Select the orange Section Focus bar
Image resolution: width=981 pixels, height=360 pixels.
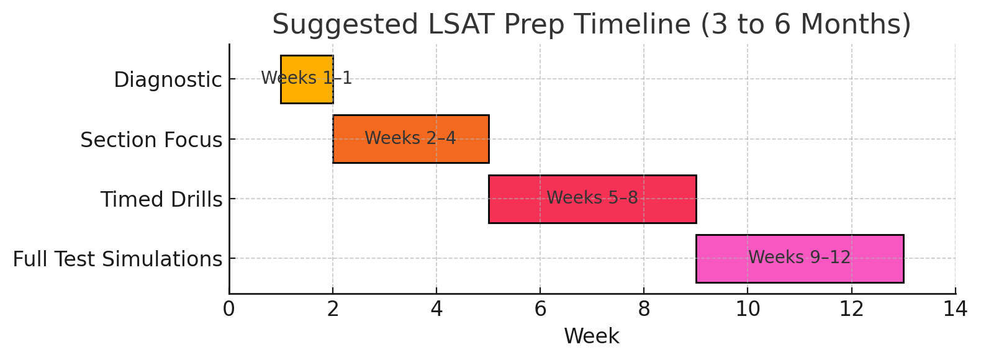pyautogui.click(x=410, y=153)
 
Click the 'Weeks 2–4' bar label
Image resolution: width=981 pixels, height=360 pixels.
pyautogui.click(x=410, y=138)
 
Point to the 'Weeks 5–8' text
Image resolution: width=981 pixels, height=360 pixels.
pyautogui.click(x=592, y=198)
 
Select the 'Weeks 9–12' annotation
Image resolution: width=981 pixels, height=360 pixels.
pyautogui.click(x=799, y=257)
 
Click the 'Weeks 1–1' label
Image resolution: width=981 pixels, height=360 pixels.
pyautogui.click(x=307, y=78)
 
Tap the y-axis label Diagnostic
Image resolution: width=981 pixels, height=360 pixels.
pyautogui.click(x=168, y=80)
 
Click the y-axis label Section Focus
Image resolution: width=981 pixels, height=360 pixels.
pyautogui.click(x=151, y=140)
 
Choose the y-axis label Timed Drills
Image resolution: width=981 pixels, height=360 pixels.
pyautogui.click(x=161, y=200)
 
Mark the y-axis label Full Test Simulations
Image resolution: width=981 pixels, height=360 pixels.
pyautogui.click(x=117, y=259)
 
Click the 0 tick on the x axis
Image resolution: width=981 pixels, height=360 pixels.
pyautogui.click(x=229, y=309)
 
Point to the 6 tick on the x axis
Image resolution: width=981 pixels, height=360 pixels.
pyautogui.click(x=540, y=309)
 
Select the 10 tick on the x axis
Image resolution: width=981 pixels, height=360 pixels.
pyautogui.click(x=748, y=309)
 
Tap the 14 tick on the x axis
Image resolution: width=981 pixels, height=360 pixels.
pyautogui.click(x=955, y=309)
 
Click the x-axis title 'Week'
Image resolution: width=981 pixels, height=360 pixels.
pyautogui.click(x=592, y=336)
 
